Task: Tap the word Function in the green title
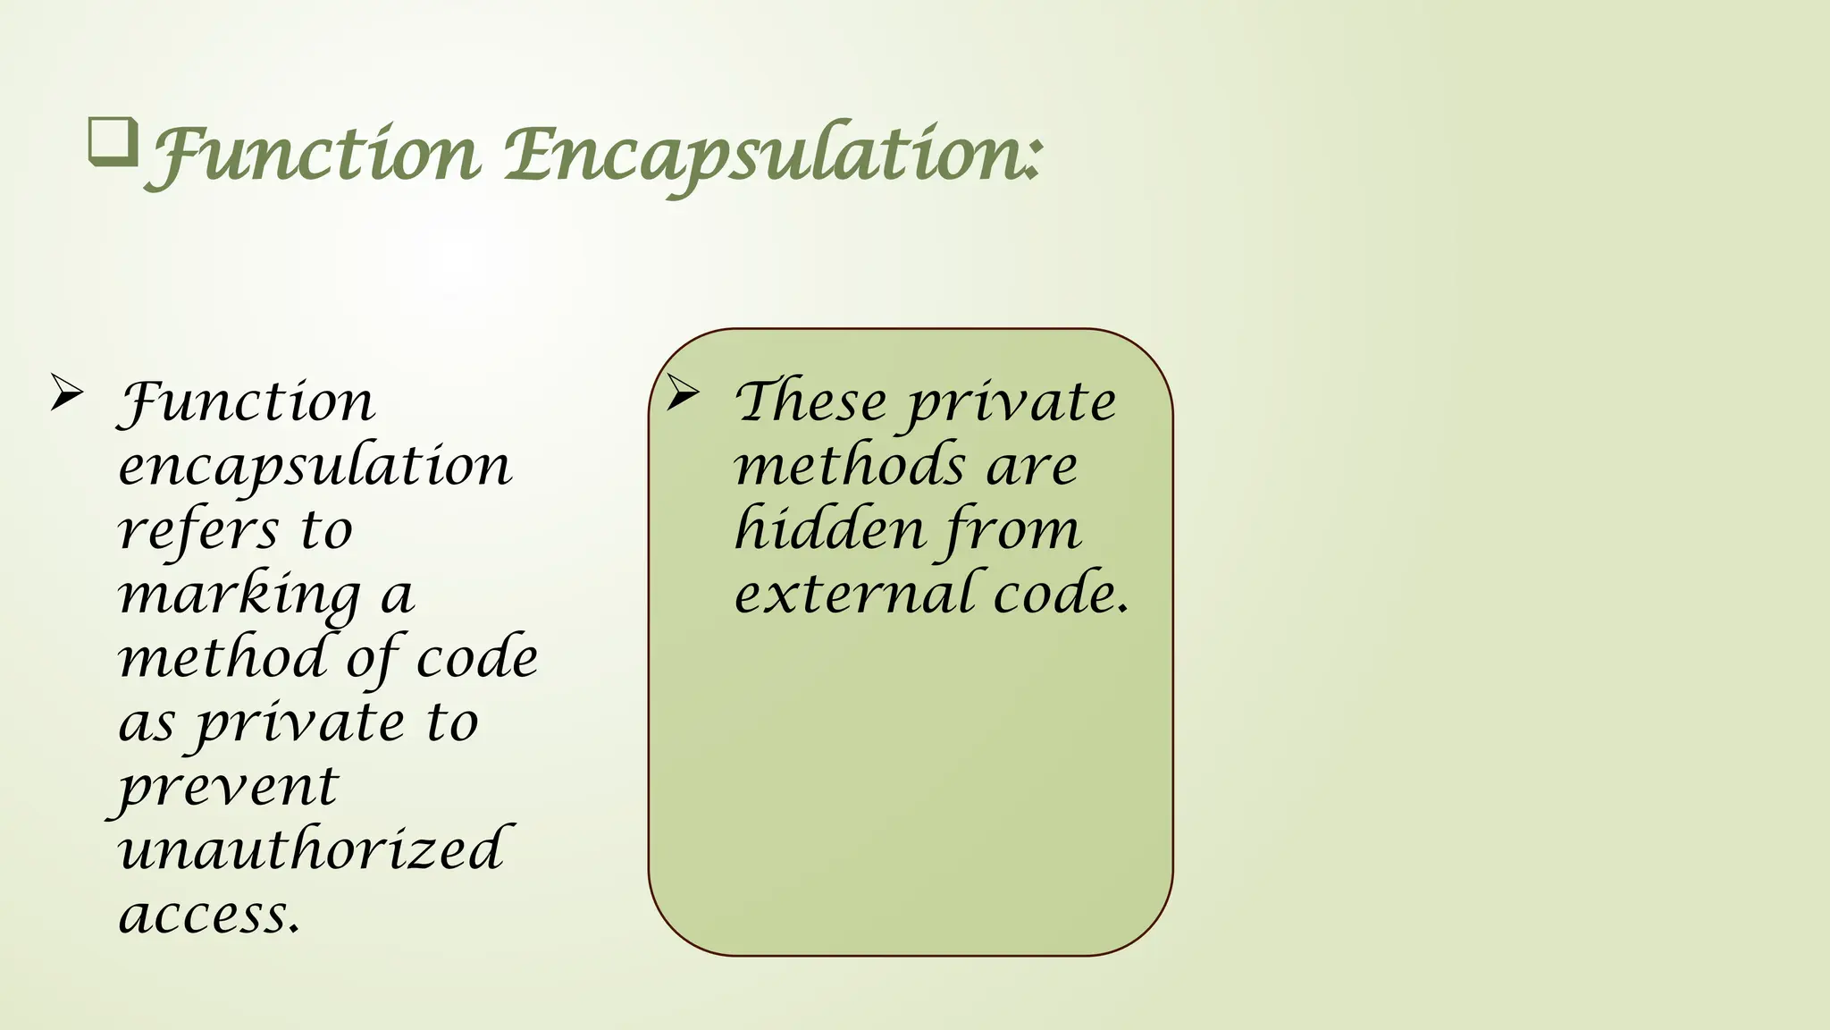[313, 157]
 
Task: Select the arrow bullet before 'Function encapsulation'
[67, 393]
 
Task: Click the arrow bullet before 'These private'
[683, 393]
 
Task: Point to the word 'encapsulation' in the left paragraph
[315, 467]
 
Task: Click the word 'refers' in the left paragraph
[198, 531]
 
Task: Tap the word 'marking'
[239, 595]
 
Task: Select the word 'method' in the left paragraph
[223, 658]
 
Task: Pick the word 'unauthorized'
[311, 849]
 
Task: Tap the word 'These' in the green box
[810, 402]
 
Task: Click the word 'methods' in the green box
[849, 467]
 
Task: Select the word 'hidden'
[829, 529]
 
